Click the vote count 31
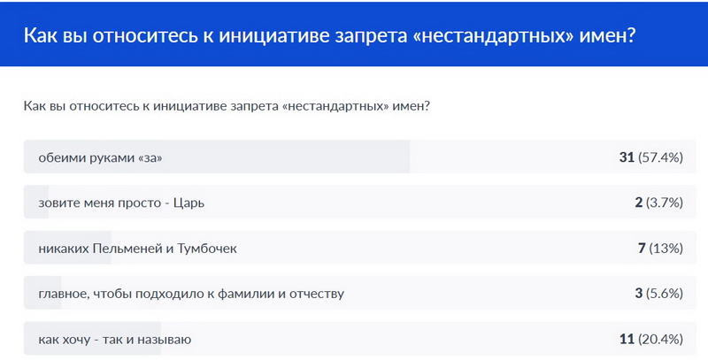627,158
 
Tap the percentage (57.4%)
660,158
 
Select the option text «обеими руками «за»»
100,158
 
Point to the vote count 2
638,203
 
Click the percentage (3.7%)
665,203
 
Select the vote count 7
642,249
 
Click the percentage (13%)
666,249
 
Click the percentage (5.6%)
665,294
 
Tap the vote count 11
627,340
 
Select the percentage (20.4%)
660,340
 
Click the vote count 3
638,294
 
